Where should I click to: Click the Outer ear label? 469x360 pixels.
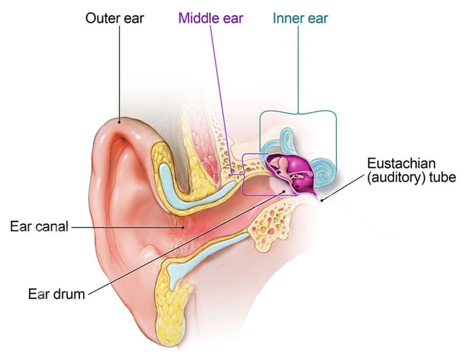click(x=114, y=18)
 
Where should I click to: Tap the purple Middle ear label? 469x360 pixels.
click(x=211, y=18)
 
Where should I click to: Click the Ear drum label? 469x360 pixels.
click(x=56, y=293)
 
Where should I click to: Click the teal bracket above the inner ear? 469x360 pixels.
click(x=297, y=112)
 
